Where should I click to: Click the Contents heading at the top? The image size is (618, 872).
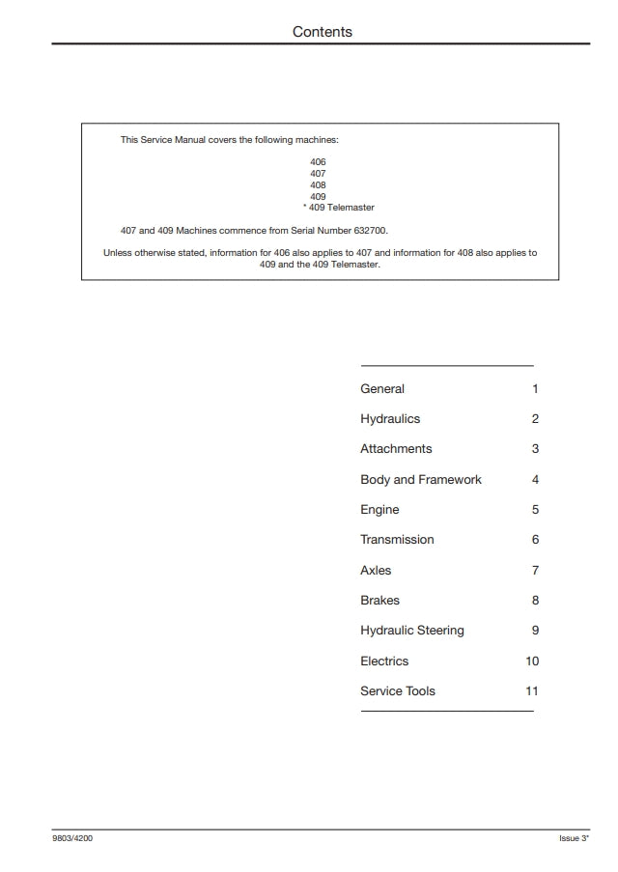(323, 32)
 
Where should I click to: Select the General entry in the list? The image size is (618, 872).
(382, 389)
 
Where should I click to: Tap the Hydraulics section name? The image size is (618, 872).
(390, 419)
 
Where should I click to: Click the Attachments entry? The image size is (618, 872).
(396, 449)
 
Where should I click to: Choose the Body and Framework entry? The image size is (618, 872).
(420, 480)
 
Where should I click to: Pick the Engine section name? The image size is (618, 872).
(379, 510)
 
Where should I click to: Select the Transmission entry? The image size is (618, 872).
(397, 540)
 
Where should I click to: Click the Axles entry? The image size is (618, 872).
(376, 571)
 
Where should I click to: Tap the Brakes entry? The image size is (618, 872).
(379, 601)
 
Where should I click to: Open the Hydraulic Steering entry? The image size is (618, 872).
(411, 631)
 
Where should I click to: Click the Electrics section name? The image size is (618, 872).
(384, 661)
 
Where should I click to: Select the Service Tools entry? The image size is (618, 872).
(397, 691)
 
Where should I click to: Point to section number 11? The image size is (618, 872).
(532, 691)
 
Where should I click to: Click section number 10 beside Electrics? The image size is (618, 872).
(532, 661)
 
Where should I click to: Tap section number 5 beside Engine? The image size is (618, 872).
(535, 510)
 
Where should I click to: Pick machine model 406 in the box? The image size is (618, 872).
(318, 162)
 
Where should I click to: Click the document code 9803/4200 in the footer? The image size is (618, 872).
(72, 838)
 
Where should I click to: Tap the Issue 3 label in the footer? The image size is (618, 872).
(574, 838)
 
